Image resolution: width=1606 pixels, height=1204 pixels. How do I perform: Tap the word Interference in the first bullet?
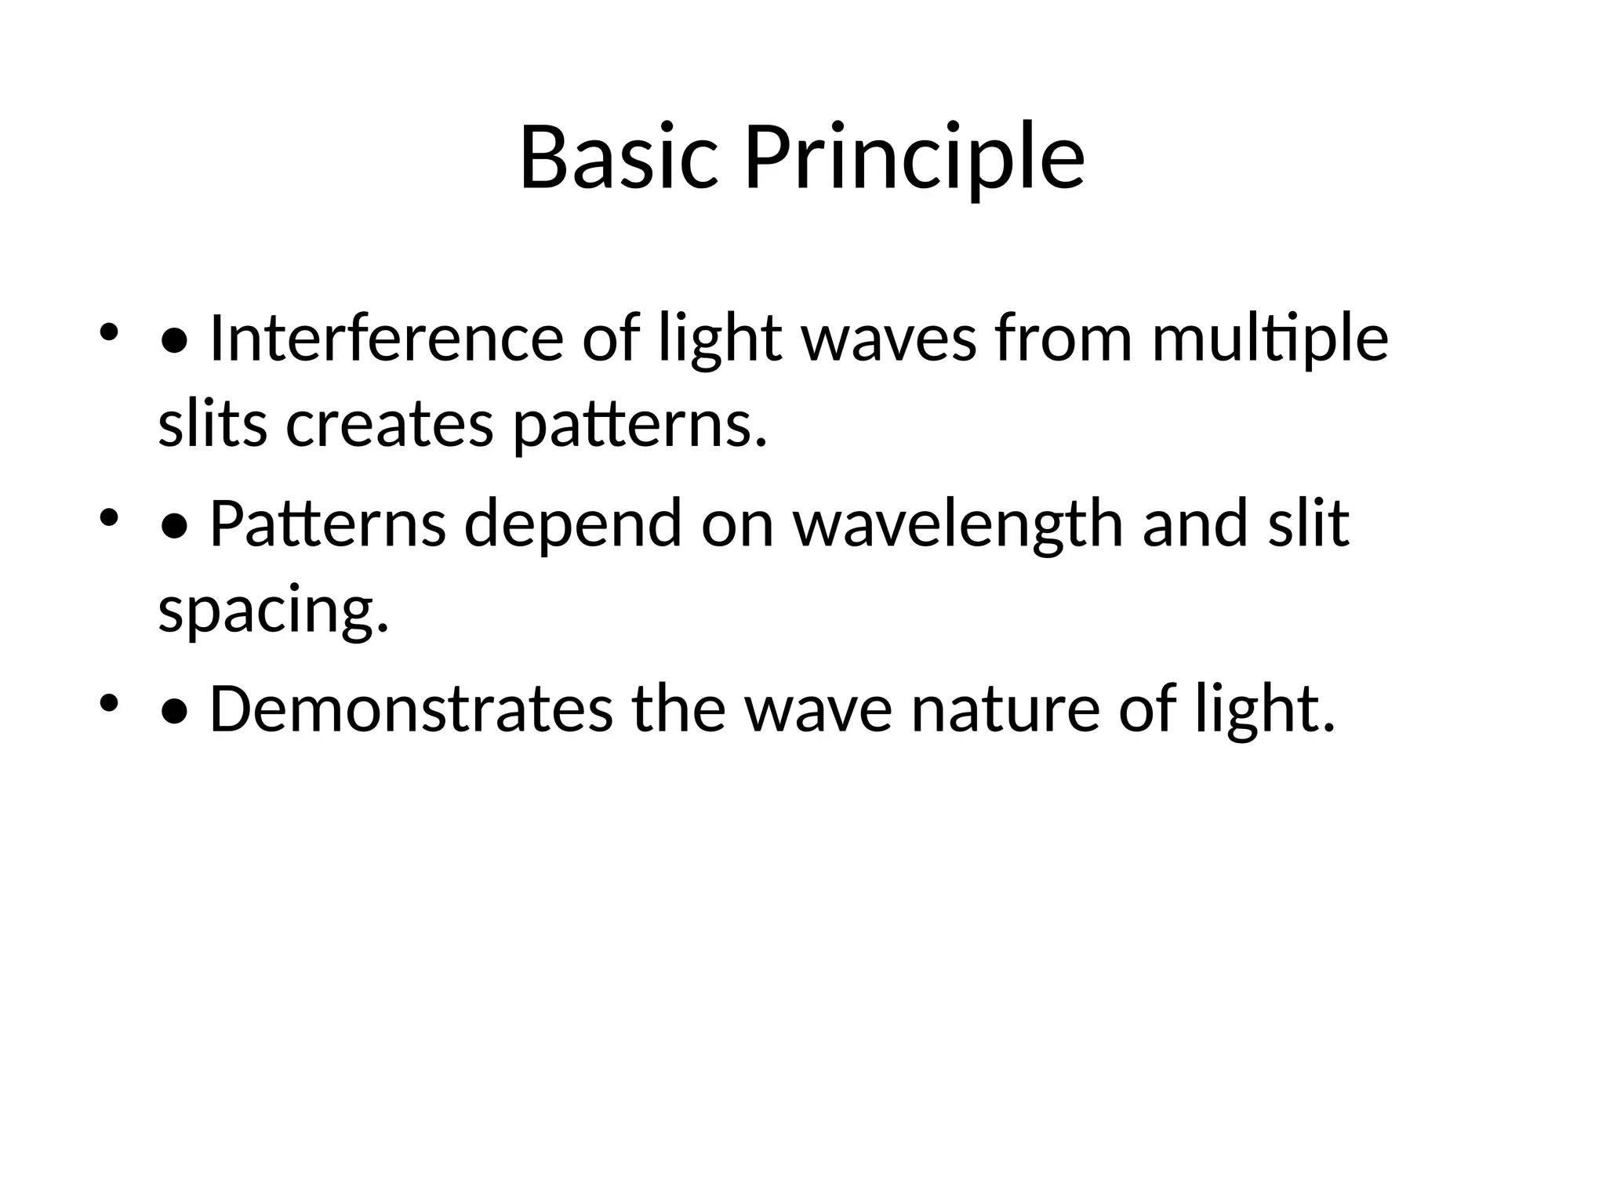click(x=386, y=339)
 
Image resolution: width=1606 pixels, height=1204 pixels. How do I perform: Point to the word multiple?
click(x=1270, y=339)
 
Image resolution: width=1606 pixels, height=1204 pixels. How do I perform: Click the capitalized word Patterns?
click(x=328, y=523)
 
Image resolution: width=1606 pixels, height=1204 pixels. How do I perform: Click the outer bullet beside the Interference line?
click(x=108, y=332)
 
